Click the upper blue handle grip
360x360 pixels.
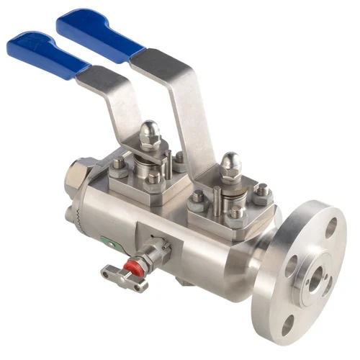101,29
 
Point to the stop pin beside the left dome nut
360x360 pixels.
168,160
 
